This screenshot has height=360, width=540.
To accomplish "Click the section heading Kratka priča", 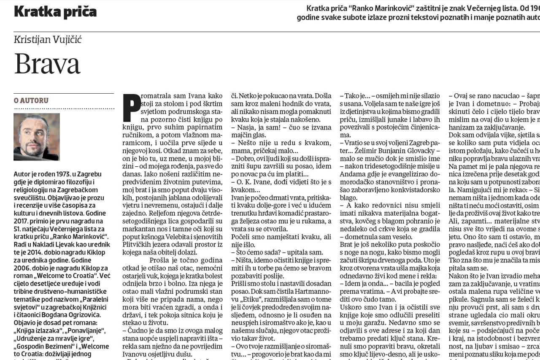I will coord(55,11).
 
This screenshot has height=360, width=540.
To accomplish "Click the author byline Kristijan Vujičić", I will coord(48,40).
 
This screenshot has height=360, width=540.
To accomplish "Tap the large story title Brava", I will coord(47,64).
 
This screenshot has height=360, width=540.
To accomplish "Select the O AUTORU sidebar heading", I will coord(31,100).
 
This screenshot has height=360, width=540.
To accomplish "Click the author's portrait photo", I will coord(37,137).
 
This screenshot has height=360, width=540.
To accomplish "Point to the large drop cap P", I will coord(132,107).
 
